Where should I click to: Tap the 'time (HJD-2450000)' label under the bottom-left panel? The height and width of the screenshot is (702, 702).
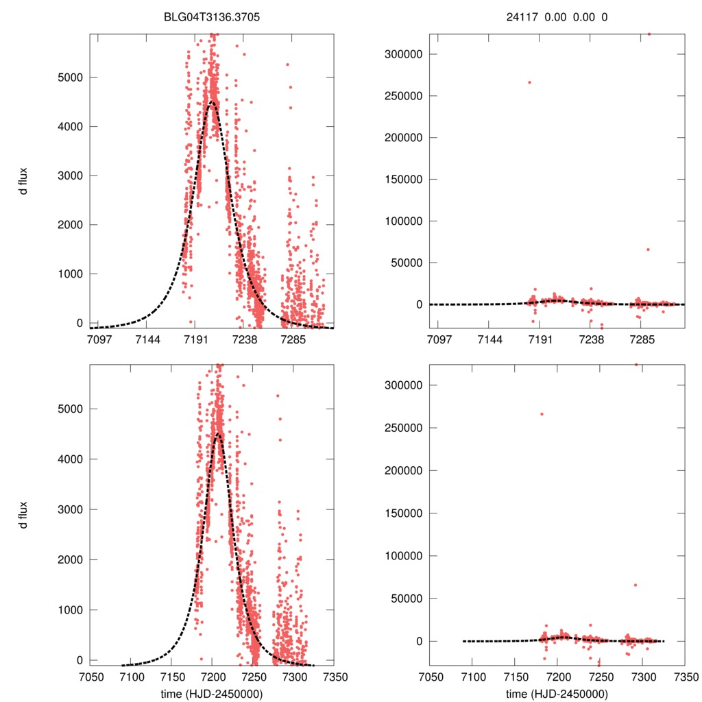(x=212, y=693)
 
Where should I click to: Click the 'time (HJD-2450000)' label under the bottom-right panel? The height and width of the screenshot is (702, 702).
(x=557, y=693)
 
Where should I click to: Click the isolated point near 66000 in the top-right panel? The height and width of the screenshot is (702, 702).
(x=648, y=250)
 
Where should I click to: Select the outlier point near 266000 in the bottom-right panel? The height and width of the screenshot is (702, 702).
(x=542, y=414)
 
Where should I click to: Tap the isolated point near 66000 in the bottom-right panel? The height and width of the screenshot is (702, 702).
(x=635, y=585)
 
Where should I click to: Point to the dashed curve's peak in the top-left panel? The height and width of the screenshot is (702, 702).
(x=211, y=103)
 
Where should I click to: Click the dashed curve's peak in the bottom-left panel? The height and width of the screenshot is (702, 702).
(x=218, y=434)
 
